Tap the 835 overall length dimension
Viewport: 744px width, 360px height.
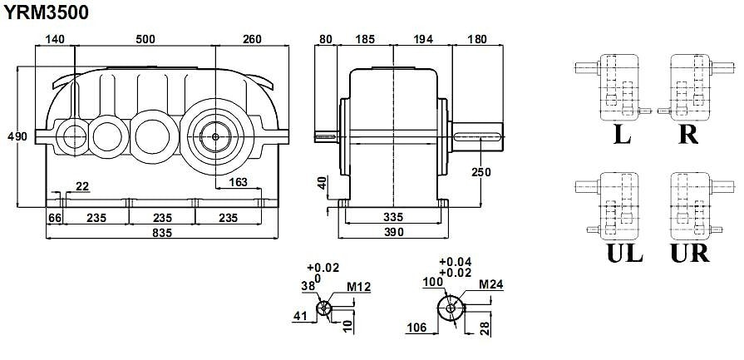[x=162, y=234]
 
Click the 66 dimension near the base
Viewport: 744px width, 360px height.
[x=55, y=217]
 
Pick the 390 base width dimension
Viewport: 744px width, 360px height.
[x=393, y=233]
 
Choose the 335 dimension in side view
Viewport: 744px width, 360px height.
[x=393, y=217]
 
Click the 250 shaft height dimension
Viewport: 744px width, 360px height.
[x=480, y=172]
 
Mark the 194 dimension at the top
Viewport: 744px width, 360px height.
[x=422, y=38]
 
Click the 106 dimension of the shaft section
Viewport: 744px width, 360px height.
[x=416, y=328]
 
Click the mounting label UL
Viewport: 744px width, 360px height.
[x=624, y=253]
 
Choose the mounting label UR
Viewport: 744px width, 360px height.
[x=689, y=253]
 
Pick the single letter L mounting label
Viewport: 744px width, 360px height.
[x=621, y=135]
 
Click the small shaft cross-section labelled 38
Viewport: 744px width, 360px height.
[x=325, y=308]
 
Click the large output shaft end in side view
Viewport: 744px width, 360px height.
[x=478, y=137]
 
